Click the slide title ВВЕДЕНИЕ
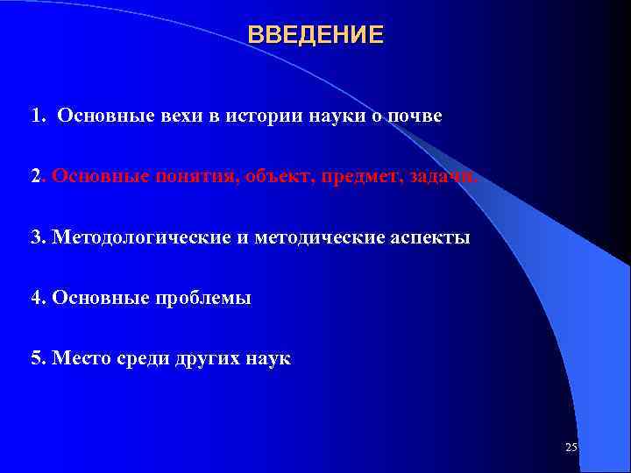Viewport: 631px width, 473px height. point(315,35)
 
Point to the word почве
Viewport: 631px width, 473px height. point(415,116)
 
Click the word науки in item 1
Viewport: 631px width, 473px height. point(332,116)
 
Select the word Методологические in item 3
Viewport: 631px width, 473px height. point(139,237)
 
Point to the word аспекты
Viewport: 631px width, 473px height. point(430,237)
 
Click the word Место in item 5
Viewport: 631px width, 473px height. point(79,358)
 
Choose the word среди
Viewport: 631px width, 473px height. point(138,358)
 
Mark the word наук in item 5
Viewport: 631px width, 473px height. point(267,358)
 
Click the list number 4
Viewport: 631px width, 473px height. point(36,298)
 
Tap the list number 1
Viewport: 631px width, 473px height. point(36,116)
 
